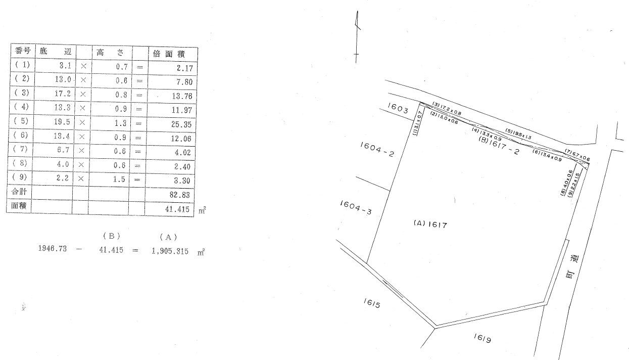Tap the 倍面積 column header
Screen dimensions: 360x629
(165, 53)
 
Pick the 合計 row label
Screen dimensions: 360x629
(18, 193)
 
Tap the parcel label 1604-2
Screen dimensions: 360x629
(376, 149)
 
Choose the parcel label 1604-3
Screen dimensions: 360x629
(355, 207)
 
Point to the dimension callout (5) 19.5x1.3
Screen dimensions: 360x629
(519, 134)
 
